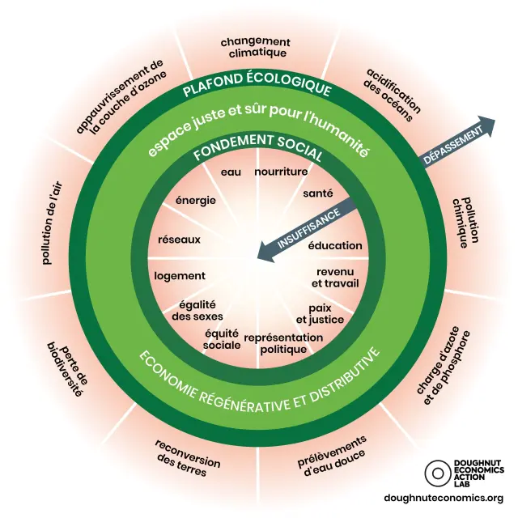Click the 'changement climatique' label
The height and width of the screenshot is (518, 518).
(256, 48)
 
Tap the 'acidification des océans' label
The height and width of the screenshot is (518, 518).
(392, 96)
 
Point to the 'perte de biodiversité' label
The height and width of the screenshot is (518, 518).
(67, 368)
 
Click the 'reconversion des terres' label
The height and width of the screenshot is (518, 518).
(187, 458)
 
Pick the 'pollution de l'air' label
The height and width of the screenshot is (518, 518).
(52, 223)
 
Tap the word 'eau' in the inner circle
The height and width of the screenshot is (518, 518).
(231, 172)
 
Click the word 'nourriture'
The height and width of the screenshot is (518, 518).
(281, 172)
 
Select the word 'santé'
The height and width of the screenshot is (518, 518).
(318, 193)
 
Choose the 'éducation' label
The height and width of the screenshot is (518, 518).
(335, 245)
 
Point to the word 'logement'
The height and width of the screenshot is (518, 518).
(180, 276)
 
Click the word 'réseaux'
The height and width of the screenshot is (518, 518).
(179, 240)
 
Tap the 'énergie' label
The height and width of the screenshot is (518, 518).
(196, 200)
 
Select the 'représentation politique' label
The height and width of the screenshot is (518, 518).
(283, 343)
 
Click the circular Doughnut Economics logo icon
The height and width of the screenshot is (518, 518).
(437, 473)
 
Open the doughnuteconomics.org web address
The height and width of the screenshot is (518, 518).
(444, 498)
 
